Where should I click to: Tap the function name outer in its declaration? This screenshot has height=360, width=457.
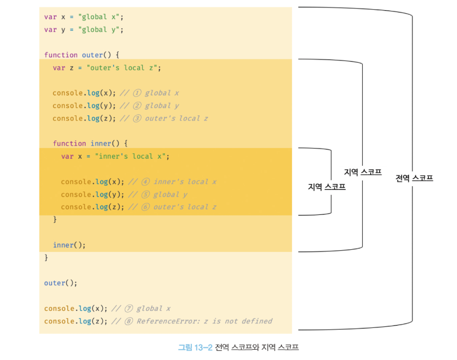pyautogui.click(x=92, y=55)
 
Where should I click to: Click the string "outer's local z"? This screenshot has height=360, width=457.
pyautogui.click(x=123, y=67)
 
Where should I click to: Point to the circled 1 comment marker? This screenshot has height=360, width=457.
pyautogui.click(x=137, y=93)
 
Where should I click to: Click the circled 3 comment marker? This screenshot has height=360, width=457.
pyautogui.click(x=137, y=118)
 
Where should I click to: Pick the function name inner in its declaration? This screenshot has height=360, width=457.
pyautogui.click(x=101, y=143)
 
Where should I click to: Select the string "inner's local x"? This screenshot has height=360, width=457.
pyautogui.click(x=132, y=156)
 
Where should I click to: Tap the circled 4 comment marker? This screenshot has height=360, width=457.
pyautogui.click(x=145, y=182)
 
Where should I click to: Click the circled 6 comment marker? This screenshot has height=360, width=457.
pyautogui.click(x=145, y=207)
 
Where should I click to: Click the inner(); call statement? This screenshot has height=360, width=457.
pyautogui.click(x=69, y=245)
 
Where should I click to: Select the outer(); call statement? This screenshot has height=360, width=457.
pyautogui.click(x=60, y=283)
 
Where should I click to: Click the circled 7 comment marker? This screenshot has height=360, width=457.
pyautogui.click(x=128, y=309)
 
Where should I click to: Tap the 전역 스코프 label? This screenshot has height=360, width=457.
pyautogui.click(x=414, y=178)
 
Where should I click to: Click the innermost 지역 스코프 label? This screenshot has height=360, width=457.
pyautogui.click(x=327, y=186)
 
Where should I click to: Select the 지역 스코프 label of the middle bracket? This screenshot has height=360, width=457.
pyautogui.click(x=363, y=172)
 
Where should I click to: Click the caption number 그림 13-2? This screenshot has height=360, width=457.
pyautogui.click(x=195, y=347)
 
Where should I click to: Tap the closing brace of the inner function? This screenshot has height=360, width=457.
pyautogui.click(x=55, y=219)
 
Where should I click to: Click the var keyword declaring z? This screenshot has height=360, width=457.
pyautogui.click(x=59, y=67)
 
